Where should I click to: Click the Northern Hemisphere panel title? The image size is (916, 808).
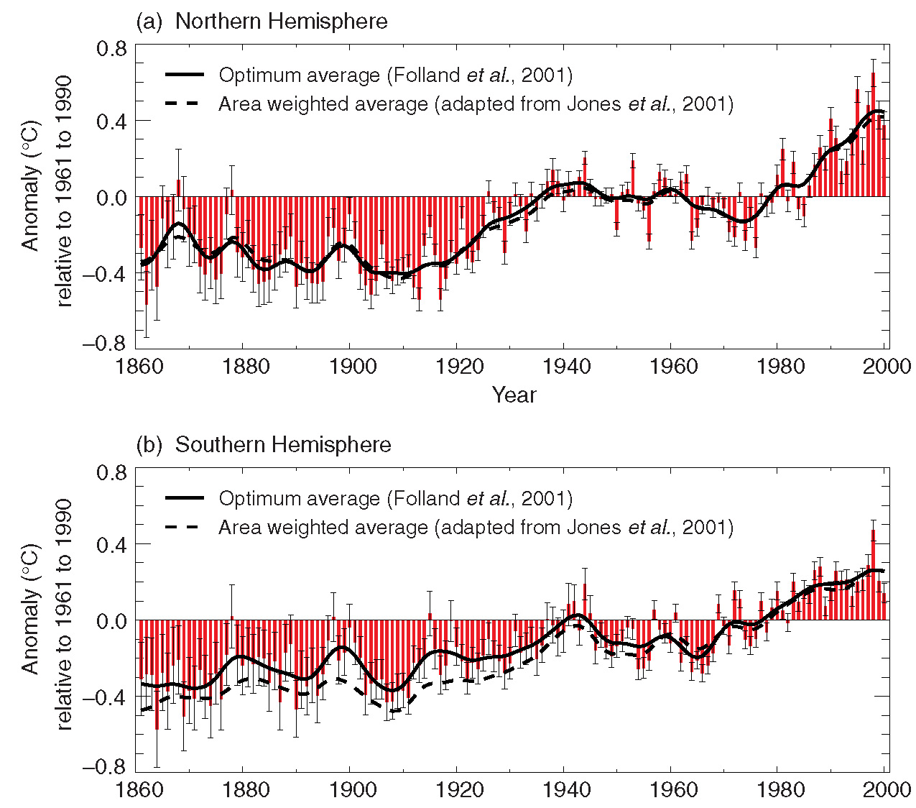[262, 21]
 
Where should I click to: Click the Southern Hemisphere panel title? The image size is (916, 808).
[264, 444]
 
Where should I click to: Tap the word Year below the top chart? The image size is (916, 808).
[514, 395]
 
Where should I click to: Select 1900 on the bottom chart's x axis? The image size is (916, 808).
[350, 789]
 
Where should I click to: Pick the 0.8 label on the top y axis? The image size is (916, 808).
[111, 49]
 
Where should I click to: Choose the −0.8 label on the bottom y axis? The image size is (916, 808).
[105, 767]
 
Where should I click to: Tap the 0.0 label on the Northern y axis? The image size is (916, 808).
[111, 197]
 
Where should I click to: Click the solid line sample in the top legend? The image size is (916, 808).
[185, 75]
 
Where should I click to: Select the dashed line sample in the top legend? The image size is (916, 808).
[185, 104]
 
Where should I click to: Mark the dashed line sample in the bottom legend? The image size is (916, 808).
[185, 527]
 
